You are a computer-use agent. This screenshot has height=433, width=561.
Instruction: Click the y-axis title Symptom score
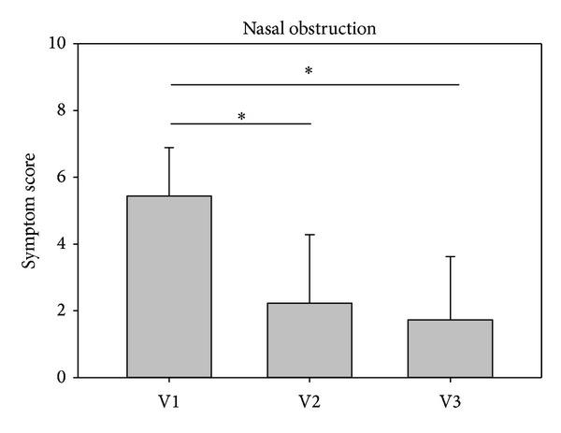click(x=31, y=210)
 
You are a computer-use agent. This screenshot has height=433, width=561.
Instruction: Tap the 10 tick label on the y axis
click(x=57, y=44)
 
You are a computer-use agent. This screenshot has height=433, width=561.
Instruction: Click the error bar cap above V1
click(x=169, y=148)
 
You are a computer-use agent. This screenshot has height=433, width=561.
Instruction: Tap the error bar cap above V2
click(x=309, y=235)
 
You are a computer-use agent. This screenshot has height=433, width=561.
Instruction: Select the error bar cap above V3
click(x=450, y=256)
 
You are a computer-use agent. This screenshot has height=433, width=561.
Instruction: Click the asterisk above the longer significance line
click(x=309, y=72)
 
